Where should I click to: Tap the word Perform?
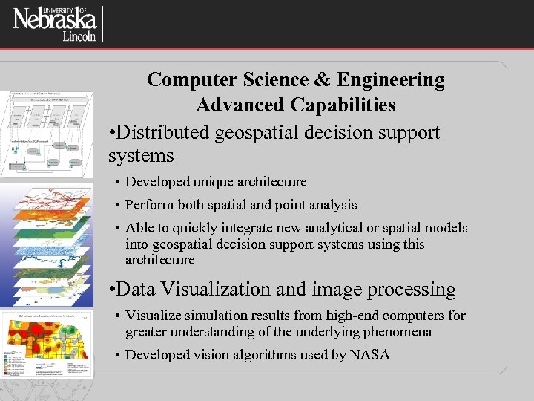coord(149,205)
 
